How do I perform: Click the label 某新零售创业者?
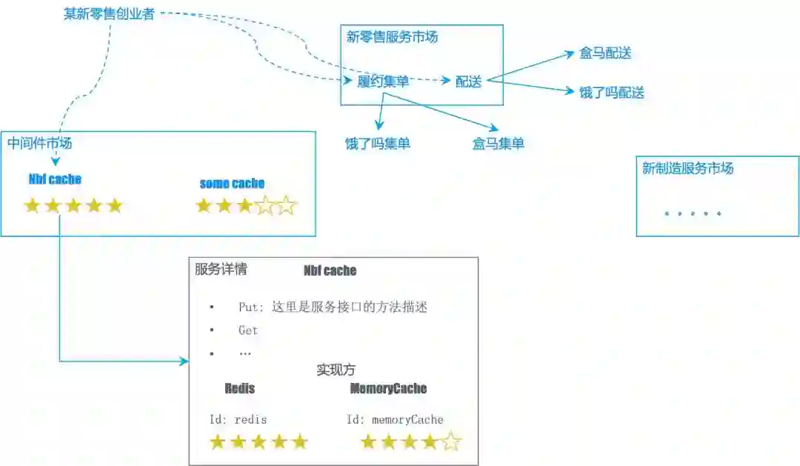109,13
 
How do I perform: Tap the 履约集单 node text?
383,81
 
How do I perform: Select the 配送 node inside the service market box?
468,81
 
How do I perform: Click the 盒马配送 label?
605,53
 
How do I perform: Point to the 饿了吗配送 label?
612,93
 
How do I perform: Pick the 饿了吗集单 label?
378,144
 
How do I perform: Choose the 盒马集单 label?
498,144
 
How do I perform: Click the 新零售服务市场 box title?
392,37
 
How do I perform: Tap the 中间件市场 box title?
40,144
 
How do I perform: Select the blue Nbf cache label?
55,179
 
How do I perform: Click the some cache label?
232,184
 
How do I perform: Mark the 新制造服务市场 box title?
687,168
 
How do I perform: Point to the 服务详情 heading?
221,270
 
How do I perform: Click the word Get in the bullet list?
248,330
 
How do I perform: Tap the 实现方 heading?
336,370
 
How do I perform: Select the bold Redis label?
239,388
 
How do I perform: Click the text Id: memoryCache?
395,419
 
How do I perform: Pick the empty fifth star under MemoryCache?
450,443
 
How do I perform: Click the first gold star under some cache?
204,206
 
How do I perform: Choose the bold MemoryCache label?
388,388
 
